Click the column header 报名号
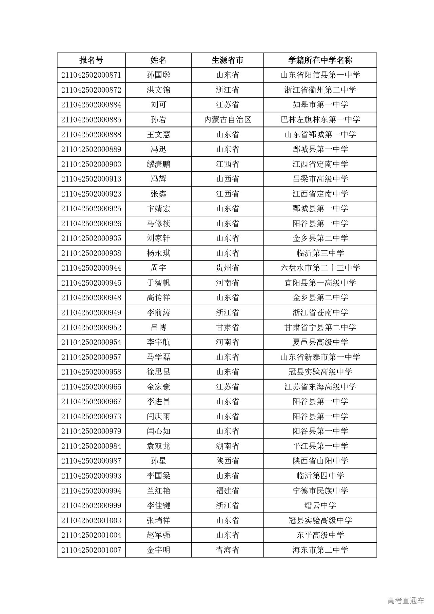click(91, 60)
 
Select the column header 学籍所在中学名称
click(320, 60)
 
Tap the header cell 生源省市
click(227, 60)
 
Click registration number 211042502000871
click(91, 75)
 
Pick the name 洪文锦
click(158, 90)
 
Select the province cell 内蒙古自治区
click(227, 120)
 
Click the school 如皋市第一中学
click(320, 105)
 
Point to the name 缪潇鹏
click(158, 165)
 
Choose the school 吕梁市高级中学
click(320, 179)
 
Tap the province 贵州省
click(227, 268)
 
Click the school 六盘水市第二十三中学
click(320, 268)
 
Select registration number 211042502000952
click(91, 328)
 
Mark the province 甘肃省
click(227, 328)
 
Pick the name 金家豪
click(158, 387)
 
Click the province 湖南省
click(227, 446)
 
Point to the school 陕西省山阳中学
click(320, 461)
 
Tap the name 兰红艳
click(158, 491)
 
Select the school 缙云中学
click(320, 506)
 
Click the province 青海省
click(227, 550)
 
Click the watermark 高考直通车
click(406, 601)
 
